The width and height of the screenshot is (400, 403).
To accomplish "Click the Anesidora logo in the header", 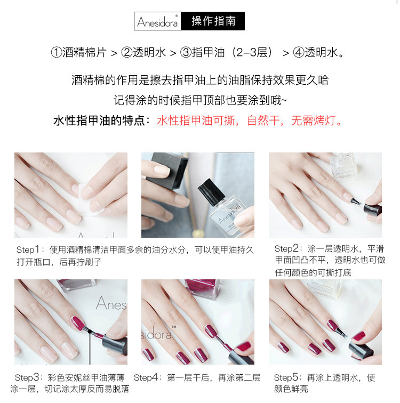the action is click(x=157, y=21).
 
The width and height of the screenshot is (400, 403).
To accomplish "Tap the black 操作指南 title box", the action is click(x=213, y=21).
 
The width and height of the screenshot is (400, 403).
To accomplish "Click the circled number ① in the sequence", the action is click(x=57, y=53).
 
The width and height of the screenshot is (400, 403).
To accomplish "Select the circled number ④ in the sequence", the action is click(x=299, y=53).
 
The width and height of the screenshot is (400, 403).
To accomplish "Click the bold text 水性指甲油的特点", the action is click(x=99, y=120).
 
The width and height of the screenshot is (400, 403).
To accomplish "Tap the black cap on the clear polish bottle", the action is click(x=211, y=190).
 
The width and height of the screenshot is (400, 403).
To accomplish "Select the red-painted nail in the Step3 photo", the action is click(x=78, y=324).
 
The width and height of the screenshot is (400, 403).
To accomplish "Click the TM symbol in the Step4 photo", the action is click(x=174, y=327).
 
